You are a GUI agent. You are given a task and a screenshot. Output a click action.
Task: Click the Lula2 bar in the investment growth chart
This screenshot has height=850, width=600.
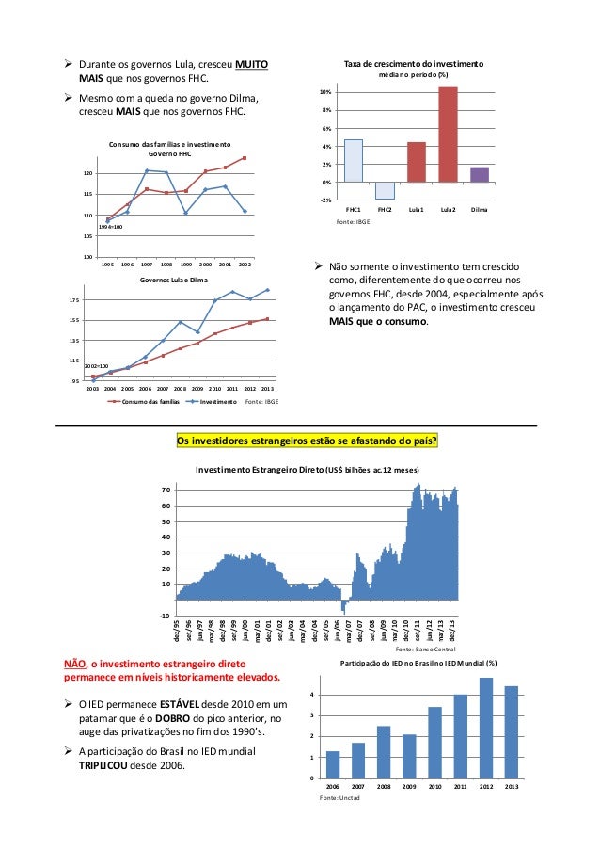point(448,134)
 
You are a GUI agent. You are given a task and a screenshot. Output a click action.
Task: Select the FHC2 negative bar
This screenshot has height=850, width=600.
point(385,190)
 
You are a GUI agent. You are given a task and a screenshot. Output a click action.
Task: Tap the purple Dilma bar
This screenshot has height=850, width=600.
point(480,174)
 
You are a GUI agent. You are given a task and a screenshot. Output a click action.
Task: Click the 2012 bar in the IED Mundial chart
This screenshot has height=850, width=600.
point(486,727)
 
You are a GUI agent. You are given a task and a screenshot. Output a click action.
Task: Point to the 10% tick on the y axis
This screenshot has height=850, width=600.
point(324,93)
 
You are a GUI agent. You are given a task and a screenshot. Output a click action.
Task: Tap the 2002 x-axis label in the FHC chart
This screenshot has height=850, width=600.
point(245,265)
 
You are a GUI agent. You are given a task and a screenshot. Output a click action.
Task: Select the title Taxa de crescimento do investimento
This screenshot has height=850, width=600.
point(414,62)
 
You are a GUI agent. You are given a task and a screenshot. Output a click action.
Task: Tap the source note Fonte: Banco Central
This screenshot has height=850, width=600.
point(425,649)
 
